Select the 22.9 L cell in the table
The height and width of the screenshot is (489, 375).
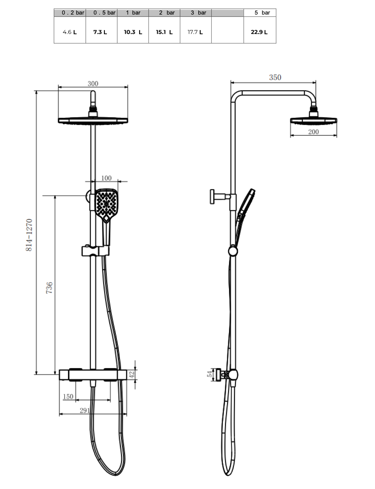coord(259,32)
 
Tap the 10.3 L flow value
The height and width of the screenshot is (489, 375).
coord(133,32)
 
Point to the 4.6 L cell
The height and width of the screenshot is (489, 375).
coord(70,32)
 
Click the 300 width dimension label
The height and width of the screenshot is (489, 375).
coord(93,84)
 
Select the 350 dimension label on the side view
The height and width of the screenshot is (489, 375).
coord(275,78)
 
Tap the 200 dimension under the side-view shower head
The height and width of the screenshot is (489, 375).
coord(313,132)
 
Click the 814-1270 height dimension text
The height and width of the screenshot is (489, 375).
coord(29,235)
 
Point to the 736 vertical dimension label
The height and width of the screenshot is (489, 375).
coord(49,288)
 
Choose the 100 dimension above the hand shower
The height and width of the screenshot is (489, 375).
coord(106,178)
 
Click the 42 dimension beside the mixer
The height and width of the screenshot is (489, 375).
coord(132,374)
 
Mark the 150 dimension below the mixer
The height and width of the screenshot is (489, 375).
coord(68,397)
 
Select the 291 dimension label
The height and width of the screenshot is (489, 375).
coord(85,410)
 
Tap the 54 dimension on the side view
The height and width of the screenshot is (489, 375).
coord(210,374)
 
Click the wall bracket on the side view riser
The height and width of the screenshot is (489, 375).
coord(218,196)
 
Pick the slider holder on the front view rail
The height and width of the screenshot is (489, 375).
coord(95,251)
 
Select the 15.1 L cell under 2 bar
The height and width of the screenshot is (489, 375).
coord(164,32)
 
